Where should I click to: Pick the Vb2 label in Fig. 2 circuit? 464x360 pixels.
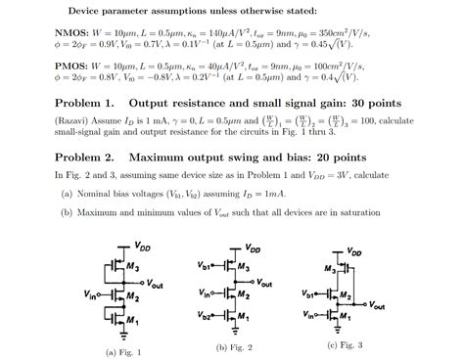coord(204,318)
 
